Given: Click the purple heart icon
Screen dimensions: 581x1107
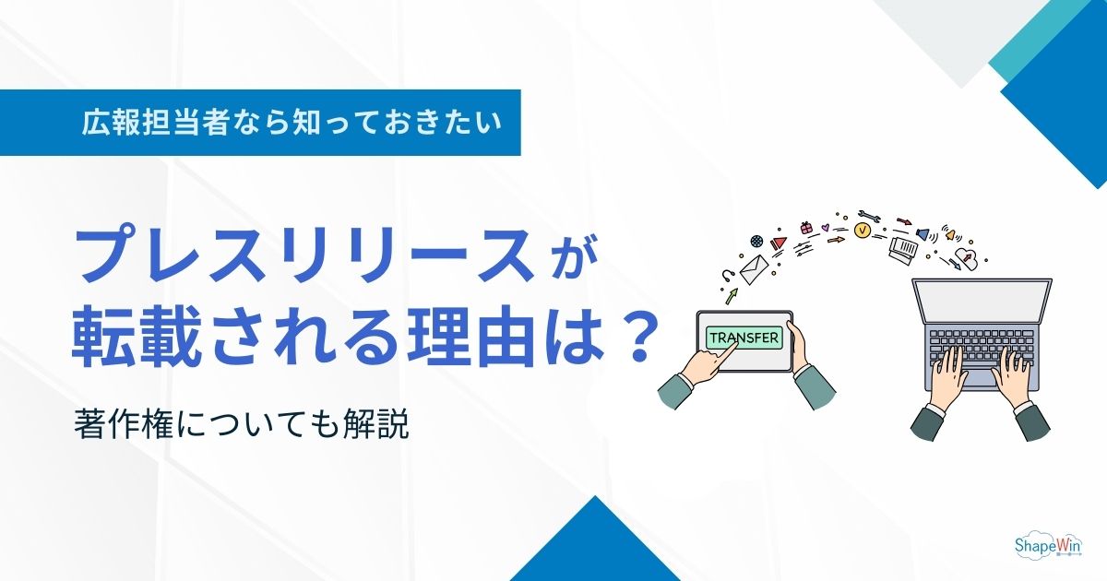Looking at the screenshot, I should (826, 227).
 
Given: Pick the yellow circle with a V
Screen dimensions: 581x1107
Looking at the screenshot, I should (863, 231).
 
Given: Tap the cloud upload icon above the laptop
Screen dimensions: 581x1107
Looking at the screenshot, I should (968, 257).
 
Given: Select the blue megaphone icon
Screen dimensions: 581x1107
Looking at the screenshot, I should (922, 234).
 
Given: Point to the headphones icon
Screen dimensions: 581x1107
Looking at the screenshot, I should (728, 274).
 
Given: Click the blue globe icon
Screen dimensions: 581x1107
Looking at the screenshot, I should (756, 240).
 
